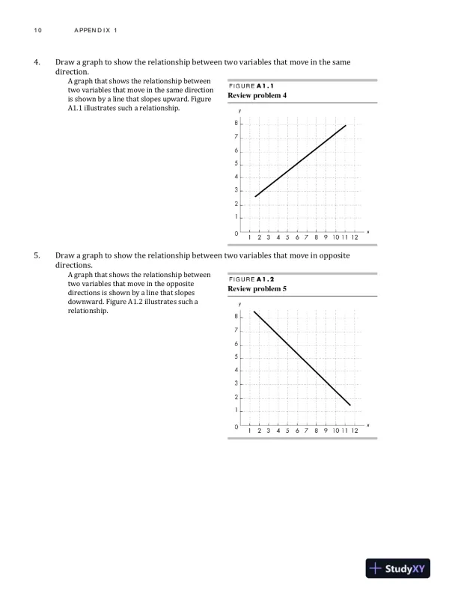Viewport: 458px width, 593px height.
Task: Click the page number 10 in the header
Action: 37,30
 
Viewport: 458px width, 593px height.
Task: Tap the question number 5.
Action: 37,255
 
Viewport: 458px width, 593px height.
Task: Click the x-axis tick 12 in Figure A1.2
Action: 354,431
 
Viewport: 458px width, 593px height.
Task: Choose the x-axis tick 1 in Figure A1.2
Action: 250,431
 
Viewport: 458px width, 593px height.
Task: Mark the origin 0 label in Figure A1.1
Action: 234,234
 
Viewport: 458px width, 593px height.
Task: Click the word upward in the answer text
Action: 189,99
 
